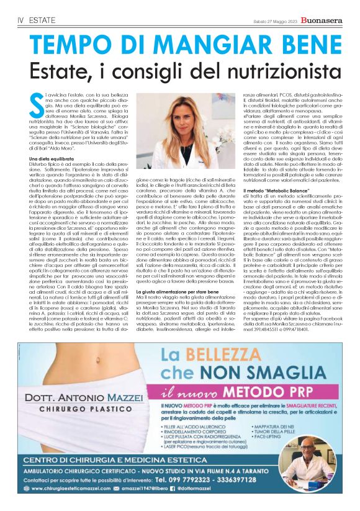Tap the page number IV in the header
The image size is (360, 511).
click(18, 20)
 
